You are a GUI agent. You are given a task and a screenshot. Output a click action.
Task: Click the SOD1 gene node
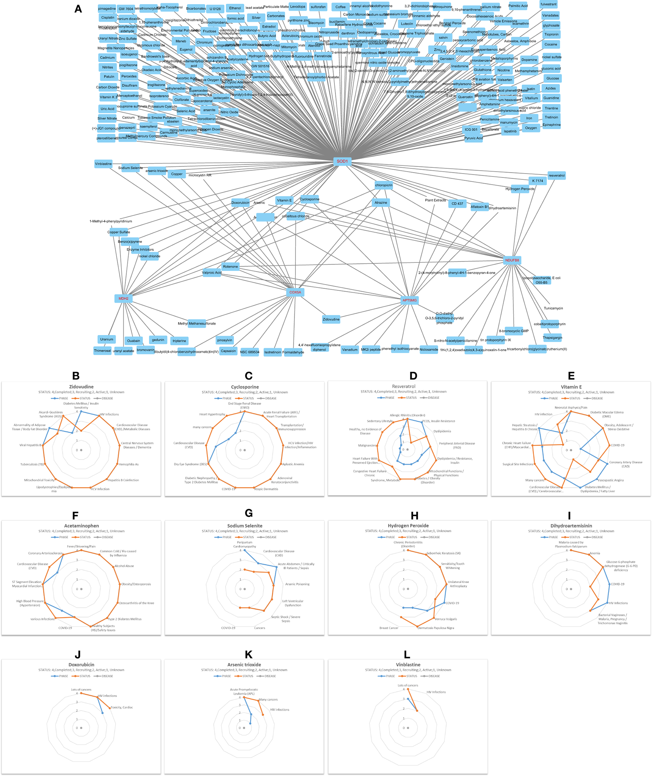click(342, 161)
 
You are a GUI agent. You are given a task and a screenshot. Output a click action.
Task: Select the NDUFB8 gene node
click(512, 260)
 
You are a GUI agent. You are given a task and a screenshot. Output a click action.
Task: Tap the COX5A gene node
click(295, 292)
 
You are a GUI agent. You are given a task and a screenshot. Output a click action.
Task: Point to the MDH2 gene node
click(124, 298)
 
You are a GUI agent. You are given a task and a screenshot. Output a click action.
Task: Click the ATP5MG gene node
click(410, 300)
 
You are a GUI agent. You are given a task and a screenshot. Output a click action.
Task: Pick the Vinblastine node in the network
click(103, 164)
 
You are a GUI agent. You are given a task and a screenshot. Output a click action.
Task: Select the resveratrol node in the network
click(556, 175)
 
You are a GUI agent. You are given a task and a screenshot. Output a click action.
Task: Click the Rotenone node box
click(230, 267)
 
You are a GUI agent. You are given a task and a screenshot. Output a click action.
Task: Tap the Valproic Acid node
click(212, 273)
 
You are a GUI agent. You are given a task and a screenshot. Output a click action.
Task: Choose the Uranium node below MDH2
click(106, 339)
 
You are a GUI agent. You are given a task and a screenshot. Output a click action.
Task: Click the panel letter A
click(78, 9)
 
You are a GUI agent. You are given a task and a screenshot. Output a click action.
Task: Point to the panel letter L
click(407, 654)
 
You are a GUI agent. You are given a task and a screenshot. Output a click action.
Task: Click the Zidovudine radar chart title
click(81, 387)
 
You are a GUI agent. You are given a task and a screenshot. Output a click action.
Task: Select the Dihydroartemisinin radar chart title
click(571, 526)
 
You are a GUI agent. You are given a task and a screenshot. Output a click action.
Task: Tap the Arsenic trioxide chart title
click(244, 665)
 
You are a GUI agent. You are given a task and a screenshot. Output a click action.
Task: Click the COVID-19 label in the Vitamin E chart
click(617, 445)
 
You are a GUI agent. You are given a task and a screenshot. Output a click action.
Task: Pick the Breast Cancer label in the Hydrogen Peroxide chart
click(389, 628)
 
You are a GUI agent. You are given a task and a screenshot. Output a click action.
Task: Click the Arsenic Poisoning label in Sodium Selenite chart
click(297, 584)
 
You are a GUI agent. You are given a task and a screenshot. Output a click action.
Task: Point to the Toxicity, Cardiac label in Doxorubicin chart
click(122, 707)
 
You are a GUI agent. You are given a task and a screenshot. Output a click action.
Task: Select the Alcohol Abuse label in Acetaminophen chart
click(124, 566)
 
